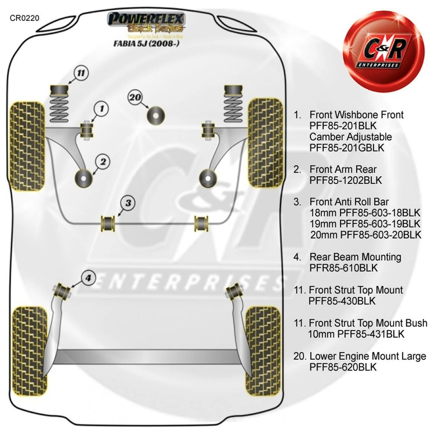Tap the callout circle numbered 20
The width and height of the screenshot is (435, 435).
coord(135,98)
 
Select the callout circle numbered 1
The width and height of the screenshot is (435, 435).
coord(101,109)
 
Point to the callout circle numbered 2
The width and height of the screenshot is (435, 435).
coord(103,161)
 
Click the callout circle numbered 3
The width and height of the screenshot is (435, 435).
coord(128,203)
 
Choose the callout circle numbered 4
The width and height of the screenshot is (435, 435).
coord(88,278)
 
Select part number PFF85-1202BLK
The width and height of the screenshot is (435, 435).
coord(346,180)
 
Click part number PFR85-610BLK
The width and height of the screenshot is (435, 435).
coord(343,268)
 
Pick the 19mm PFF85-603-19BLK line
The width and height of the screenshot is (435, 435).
coord(365,224)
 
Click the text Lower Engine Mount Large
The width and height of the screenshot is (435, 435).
coord(367,356)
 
